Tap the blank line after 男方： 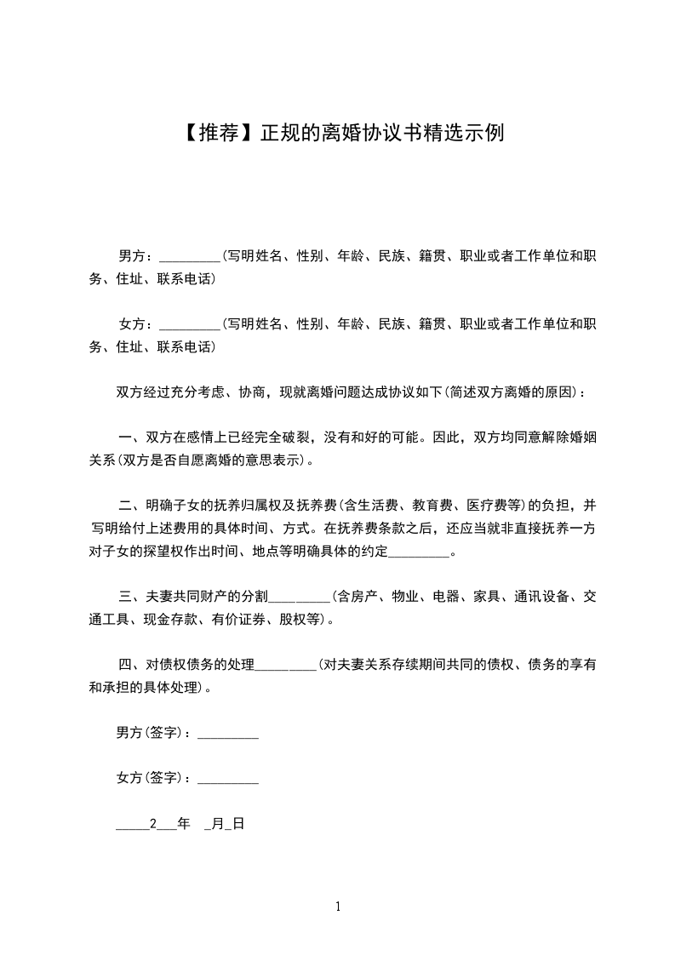pyautogui.click(x=189, y=257)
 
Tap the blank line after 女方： pyautogui.click(x=189, y=325)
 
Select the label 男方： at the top pyautogui.click(x=136, y=255)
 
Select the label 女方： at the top pyautogui.click(x=136, y=323)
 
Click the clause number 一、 pyautogui.click(x=129, y=438)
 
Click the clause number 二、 pyautogui.click(x=129, y=506)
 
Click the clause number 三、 pyautogui.click(x=129, y=597)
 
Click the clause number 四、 pyautogui.click(x=129, y=665)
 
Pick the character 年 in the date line pyautogui.click(x=184, y=824)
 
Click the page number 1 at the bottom pyautogui.click(x=338, y=906)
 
